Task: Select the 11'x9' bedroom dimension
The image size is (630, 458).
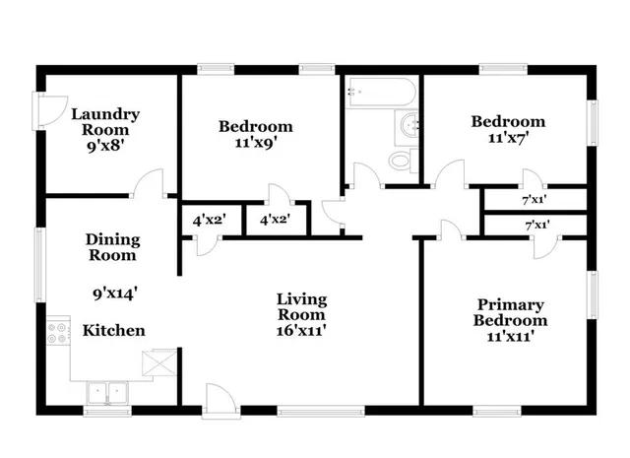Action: (x=256, y=142)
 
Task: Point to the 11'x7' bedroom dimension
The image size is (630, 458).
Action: (x=507, y=138)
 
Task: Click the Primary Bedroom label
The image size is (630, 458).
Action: (x=511, y=312)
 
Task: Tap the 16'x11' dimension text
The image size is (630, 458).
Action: (x=301, y=331)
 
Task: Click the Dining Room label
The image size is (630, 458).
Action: (x=112, y=247)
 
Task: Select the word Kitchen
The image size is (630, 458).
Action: (x=114, y=331)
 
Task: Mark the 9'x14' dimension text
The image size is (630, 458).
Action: (x=112, y=292)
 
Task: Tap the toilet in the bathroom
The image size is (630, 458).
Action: (x=402, y=160)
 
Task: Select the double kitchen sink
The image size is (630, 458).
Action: (x=109, y=392)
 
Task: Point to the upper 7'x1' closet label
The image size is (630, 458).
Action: (x=535, y=199)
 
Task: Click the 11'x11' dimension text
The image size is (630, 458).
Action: (x=511, y=337)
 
